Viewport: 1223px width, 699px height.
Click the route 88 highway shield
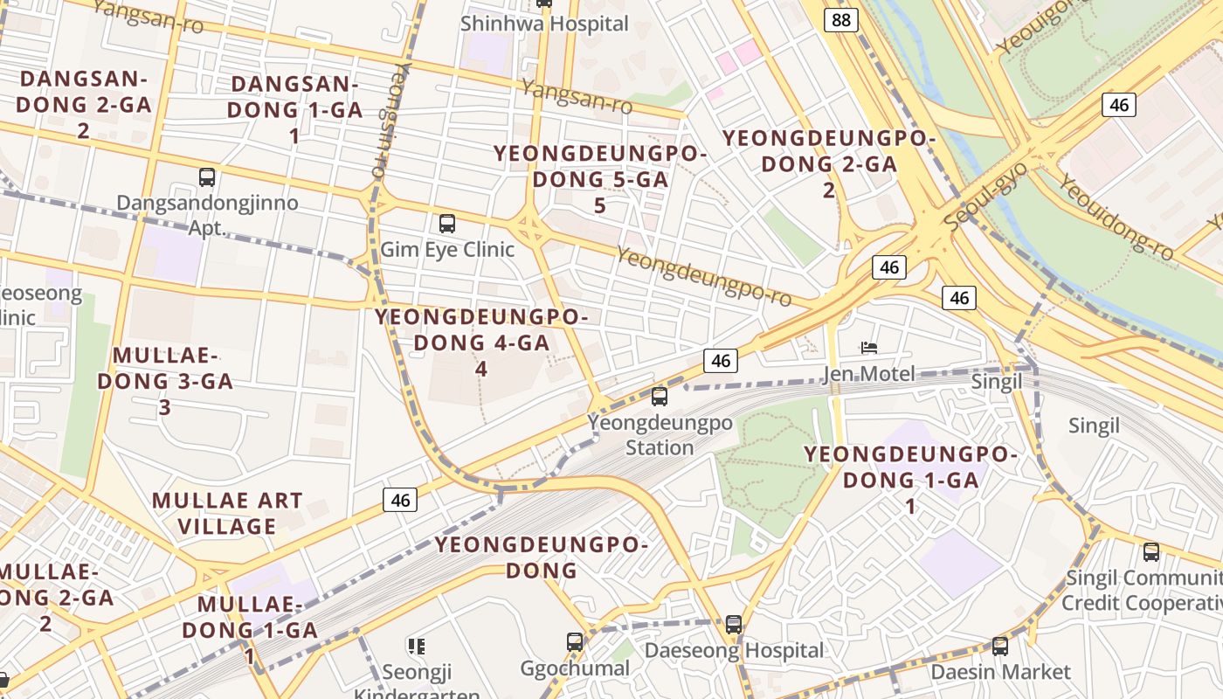840,20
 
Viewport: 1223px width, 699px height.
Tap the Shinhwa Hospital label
544,24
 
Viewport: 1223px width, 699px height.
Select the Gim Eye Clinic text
447,249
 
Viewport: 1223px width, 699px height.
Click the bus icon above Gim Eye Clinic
447,224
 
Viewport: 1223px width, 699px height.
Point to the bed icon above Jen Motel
868,348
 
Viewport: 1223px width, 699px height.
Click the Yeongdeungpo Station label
660,435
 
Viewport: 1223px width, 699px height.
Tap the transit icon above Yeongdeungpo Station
660,397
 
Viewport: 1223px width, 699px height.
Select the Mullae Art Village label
227,514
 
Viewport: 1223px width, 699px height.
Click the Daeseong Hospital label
734,651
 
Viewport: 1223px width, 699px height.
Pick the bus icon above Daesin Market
1000,647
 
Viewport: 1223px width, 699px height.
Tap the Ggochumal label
575,669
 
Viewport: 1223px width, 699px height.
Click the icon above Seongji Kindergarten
417,647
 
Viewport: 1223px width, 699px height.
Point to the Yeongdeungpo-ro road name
704,277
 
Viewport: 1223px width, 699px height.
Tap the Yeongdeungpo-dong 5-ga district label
599,179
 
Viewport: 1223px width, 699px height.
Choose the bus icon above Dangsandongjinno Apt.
207,177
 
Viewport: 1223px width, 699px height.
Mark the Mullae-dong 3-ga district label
165,381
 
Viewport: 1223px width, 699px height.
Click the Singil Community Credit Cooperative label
1143,591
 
